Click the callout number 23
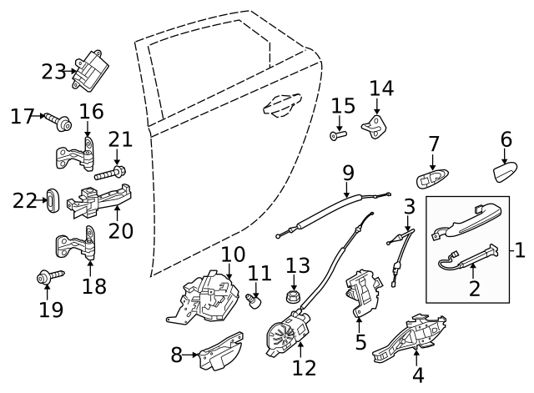click(53, 72)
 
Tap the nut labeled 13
click(294, 296)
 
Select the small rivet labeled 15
click(338, 135)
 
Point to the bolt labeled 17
click(58, 122)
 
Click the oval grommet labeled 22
click(53, 200)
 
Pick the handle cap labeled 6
click(505, 172)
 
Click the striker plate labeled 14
click(375, 128)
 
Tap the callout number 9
click(348, 174)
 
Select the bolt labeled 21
click(110, 173)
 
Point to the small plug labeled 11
click(253, 301)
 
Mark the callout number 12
click(304, 368)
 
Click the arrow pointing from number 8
click(190, 355)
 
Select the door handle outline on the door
click(282, 105)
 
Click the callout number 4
click(418, 375)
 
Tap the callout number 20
click(121, 231)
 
